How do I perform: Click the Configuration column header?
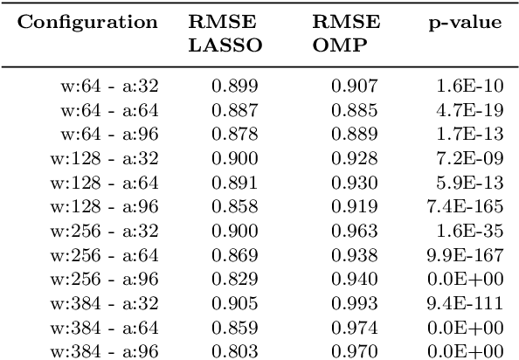[88, 22]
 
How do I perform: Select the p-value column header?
[473, 22]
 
